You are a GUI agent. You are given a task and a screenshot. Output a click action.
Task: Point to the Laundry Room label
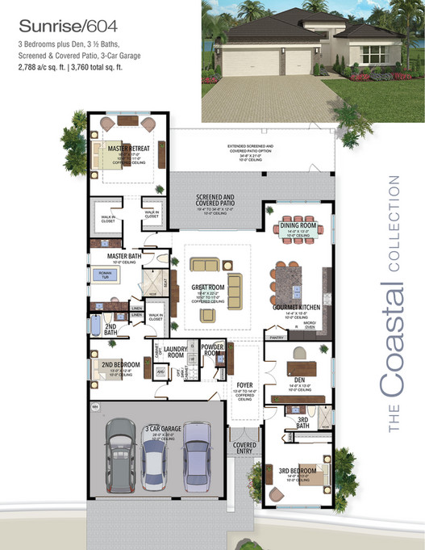175,352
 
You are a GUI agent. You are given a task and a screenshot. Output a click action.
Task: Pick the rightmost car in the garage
196,454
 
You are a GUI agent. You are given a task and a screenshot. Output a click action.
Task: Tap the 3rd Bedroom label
298,470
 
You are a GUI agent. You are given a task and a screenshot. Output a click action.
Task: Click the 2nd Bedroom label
121,365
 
